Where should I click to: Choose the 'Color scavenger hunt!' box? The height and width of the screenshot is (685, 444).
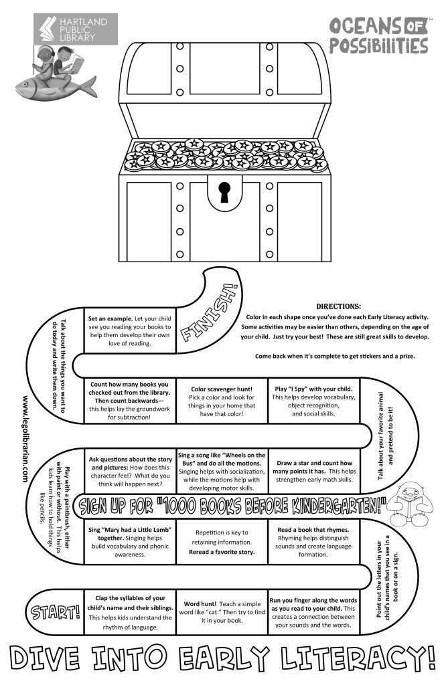222,401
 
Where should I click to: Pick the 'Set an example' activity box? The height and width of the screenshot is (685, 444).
130,329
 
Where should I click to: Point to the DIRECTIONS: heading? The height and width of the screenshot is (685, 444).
338,306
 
